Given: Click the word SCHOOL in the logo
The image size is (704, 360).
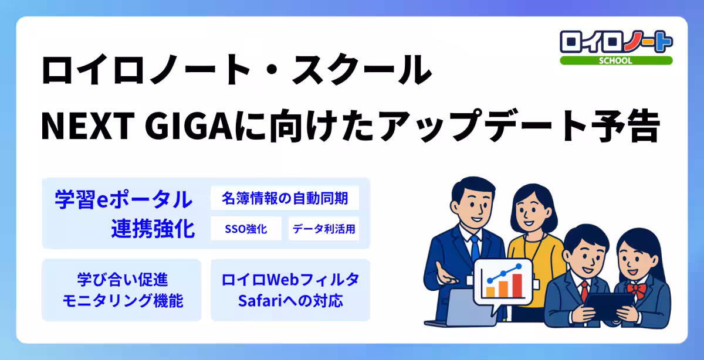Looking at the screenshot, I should pyautogui.click(x=616, y=61).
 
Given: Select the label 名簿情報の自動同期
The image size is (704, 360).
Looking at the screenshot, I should pyautogui.click(x=285, y=198).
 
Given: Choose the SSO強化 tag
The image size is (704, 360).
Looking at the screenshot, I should pyautogui.click(x=246, y=229).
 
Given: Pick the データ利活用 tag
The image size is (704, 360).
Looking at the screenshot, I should pyautogui.click(x=324, y=229).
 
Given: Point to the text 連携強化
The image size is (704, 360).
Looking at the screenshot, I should pyautogui.click(x=153, y=229).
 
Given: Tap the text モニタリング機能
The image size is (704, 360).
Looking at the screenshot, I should pyautogui.click(x=122, y=301).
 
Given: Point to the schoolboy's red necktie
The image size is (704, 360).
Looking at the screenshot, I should pyautogui.click(x=584, y=290).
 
